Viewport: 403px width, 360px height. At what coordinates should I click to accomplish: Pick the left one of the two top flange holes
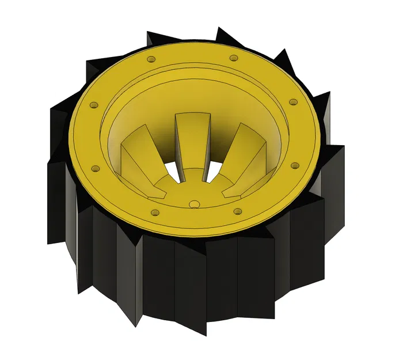(x=151, y=59)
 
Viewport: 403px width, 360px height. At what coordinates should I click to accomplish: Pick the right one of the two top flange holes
(x=233, y=58)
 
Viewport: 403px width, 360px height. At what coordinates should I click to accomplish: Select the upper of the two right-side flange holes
(x=293, y=102)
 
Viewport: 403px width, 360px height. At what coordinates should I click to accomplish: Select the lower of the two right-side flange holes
(x=294, y=166)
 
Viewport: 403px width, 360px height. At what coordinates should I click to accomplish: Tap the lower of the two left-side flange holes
(x=96, y=169)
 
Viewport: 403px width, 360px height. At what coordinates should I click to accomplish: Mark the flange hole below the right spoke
(x=236, y=211)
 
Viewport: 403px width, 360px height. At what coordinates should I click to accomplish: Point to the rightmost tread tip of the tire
(x=343, y=147)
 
